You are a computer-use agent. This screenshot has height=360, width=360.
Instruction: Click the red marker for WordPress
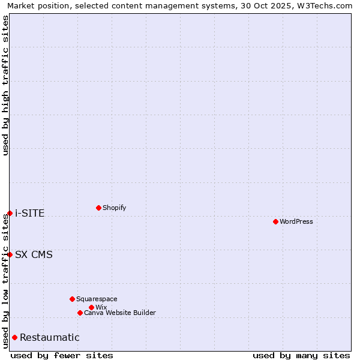coord(275,221)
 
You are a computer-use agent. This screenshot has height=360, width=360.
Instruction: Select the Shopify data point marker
coord(98,208)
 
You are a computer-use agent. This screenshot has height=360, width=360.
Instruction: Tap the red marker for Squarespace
coord(72,299)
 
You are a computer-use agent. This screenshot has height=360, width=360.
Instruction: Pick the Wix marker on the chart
coord(91,307)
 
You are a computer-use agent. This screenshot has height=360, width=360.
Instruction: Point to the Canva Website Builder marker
coord(80,313)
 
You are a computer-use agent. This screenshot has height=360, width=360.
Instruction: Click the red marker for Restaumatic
coord(14,337)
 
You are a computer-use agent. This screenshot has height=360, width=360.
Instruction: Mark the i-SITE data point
coord(10,213)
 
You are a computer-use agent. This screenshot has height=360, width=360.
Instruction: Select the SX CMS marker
coord(10,254)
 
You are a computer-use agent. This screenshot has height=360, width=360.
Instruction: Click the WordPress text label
coord(296,221)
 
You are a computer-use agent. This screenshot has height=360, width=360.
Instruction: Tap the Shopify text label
coord(115,208)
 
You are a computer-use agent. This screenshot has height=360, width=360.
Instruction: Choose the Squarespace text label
coord(97,299)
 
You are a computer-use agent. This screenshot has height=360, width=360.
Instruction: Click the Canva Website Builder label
coord(120,313)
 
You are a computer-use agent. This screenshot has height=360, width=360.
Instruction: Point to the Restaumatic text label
coord(50,337)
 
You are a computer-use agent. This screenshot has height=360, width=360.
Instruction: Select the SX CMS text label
coord(34,254)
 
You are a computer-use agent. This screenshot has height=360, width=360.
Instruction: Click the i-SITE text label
coord(30,213)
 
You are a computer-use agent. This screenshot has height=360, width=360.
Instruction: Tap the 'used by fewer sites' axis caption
coord(62,355)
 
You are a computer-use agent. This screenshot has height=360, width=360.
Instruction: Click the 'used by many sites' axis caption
coord(301,355)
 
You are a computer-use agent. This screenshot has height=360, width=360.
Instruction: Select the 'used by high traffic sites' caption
coord(5,85)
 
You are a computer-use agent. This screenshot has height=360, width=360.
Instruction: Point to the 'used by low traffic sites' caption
coord(5,281)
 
